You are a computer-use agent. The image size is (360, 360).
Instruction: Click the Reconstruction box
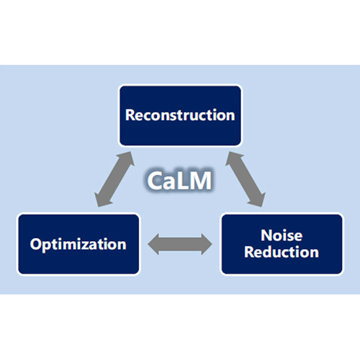180,115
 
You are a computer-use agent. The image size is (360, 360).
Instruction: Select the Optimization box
78,244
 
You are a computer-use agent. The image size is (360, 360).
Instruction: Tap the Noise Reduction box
282,244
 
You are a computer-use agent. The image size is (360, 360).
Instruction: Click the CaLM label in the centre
179,181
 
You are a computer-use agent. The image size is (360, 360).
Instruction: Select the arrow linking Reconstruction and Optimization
114,179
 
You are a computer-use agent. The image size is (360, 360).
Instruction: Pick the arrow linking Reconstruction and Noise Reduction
246,179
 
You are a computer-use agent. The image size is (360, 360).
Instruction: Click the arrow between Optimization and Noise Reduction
180,244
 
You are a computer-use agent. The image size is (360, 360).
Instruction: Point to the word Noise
282,235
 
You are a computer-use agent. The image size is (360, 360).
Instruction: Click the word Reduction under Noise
282,252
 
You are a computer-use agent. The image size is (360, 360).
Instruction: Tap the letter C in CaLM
155,181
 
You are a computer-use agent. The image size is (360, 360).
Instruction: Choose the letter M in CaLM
201,181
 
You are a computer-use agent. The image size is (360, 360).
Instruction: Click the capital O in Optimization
36,244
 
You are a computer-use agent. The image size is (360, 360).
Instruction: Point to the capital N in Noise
266,235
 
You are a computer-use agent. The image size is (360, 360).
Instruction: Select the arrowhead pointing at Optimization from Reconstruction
102,199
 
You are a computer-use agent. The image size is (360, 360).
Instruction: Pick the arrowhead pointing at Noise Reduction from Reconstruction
258,199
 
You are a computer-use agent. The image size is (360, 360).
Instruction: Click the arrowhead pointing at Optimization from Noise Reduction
153,244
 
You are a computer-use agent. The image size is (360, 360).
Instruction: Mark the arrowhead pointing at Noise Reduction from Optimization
207,244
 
